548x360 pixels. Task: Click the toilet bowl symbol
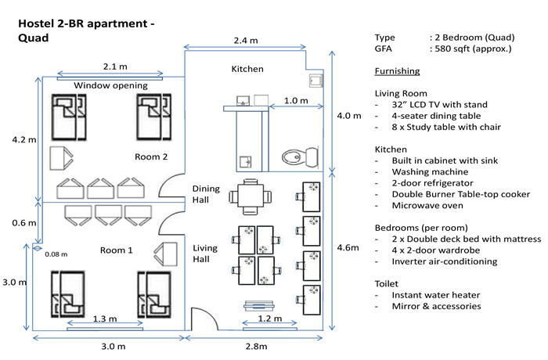click(300, 157)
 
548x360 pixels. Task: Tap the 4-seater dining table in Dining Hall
click(251, 196)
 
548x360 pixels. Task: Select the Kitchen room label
click(247, 69)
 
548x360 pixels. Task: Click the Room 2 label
click(151, 157)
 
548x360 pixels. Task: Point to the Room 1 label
click(117, 250)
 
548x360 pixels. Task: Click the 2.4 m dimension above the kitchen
click(246, 41)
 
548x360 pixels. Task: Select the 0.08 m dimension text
click(56, 254)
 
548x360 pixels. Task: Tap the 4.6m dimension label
click(348, 248)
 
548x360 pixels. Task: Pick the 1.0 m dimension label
click(296, 101)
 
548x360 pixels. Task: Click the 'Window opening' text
click(111, 85)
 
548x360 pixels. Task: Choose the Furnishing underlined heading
click(397, 71)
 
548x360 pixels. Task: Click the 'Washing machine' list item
click(430, 172)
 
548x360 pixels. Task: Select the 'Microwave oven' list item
click(427, 206)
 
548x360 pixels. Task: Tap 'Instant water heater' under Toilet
click(436, 295)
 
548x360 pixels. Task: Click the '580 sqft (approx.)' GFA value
click(473, 49)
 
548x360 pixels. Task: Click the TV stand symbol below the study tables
click(259, 305)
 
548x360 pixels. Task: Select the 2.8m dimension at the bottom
click(256, 347)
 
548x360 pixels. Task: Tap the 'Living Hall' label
click(205, 254)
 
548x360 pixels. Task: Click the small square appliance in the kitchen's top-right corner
click(316, 81)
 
